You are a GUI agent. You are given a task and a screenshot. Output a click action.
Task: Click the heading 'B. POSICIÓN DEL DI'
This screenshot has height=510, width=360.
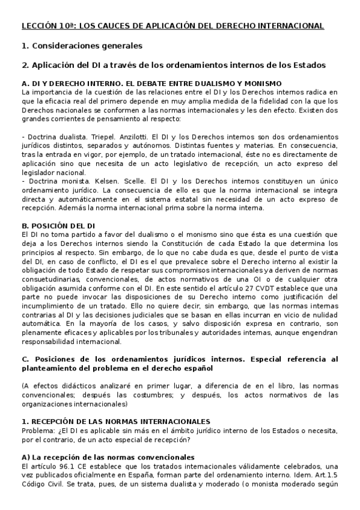point(58,225)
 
